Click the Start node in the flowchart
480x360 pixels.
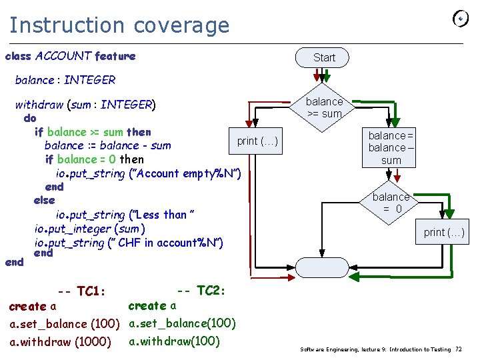click(322, 57)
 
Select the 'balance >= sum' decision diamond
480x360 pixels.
click(322, 108)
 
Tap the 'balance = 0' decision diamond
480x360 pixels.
click(389, 203)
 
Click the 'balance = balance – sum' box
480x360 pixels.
click(389, 147)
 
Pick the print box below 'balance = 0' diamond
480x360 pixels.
click(442, 232)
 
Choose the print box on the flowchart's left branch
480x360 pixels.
click(255, 141)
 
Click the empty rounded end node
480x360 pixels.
click(322, 267)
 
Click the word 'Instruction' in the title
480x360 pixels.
click(67, 25)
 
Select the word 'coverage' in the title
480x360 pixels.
click(181, 27)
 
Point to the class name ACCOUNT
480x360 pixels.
click(63, 56)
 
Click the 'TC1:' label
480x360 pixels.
click(91, 291)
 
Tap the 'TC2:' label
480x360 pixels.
click(211, 290)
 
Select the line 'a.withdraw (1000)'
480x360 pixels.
click(60, 341)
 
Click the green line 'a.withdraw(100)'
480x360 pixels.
click(174, 341)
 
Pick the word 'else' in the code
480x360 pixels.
click(45, 200)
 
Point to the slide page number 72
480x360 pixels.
click(459, 349)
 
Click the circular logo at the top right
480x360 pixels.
click(461, 19)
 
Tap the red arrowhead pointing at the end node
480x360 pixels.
click(291, 277)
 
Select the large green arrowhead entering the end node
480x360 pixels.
click(354, 277)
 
